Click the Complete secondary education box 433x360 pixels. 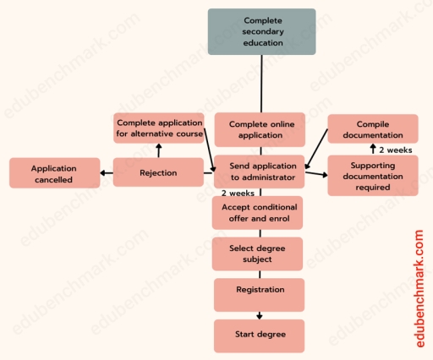(x=261, y=32)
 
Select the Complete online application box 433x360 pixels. (x=258, y=129)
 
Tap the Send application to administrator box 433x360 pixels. (x=258, y=172)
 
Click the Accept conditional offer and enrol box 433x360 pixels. (x=257, y=212)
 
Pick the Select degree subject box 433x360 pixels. (x=257, y=254)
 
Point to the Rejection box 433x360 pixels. (x=158, y=173)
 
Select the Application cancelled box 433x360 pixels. (x=52, y=173)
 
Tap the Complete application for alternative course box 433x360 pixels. (x=159, y=128)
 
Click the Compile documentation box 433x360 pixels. (x=372, y=128)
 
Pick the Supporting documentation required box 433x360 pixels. (x=372, y=176)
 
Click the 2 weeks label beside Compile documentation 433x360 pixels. (x=396, y=150)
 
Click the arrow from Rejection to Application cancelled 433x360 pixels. (x=107, y=174)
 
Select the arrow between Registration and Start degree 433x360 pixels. (x=259, y=315)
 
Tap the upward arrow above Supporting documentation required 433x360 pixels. (x=373, y=150)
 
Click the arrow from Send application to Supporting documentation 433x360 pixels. (x=315, y=174)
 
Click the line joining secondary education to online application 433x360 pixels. (x=261, y=84)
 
